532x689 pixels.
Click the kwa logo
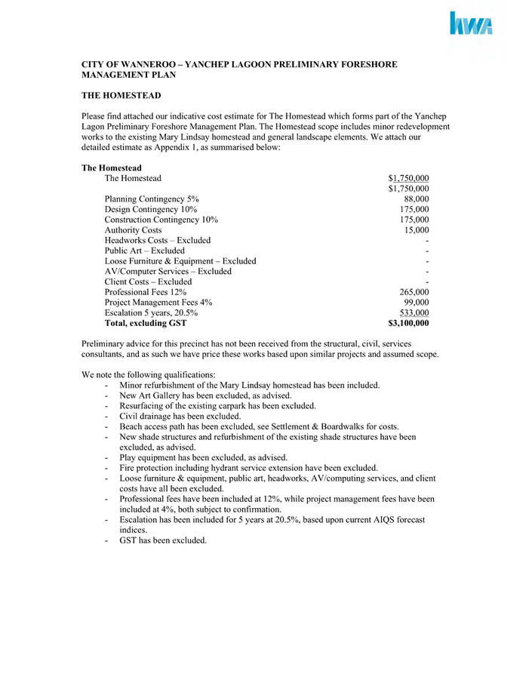click(471, 24)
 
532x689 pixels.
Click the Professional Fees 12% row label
click(146, 292)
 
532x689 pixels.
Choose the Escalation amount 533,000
click(412, 312)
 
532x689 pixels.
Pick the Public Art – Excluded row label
click(144, 251)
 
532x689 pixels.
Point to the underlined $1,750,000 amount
click(408, 178)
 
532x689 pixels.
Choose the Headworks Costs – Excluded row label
click(158, 240)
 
